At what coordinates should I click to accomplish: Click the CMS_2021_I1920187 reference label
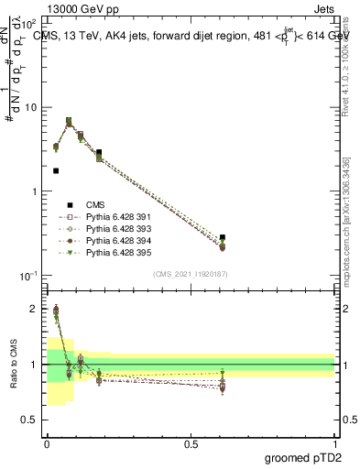[x=190, y=273]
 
